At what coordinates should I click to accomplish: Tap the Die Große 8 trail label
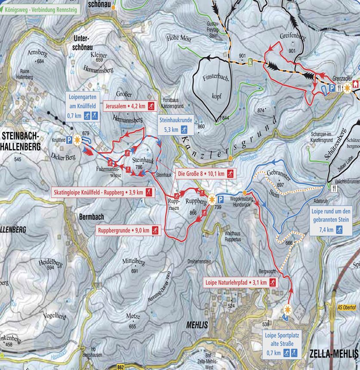coord(206,174)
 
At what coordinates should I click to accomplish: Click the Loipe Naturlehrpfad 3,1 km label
coord(240,283)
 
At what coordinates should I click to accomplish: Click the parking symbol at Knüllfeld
coord(69,140)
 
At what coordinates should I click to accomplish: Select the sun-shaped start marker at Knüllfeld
coord(77,139)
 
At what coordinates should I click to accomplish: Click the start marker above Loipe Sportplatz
coord(287,309)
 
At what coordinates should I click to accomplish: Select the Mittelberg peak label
coord(133,262)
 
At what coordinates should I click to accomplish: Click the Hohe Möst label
coord(179,39)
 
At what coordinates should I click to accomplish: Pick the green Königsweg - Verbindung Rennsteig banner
coord(40,8)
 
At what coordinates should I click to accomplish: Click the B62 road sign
coord(122,367)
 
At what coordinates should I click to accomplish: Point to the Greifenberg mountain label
coord(292,37)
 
